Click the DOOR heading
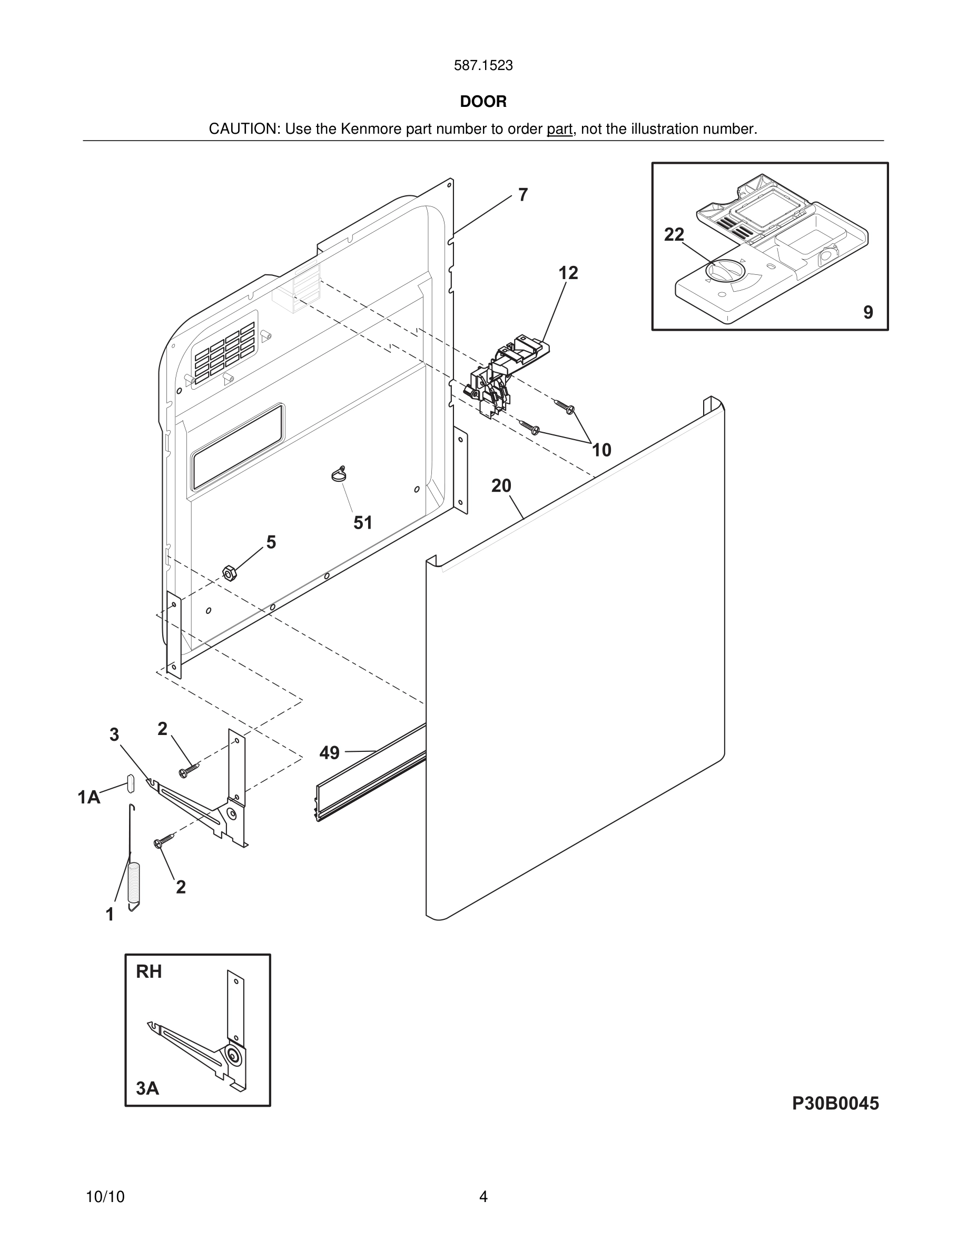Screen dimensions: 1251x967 tap(483, 102)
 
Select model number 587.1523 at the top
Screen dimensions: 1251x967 tap(483, 65)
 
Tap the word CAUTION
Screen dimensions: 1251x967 tap(243, 129)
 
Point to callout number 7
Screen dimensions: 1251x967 tap(522, 195)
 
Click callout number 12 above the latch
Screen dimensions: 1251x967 tap(568, 273)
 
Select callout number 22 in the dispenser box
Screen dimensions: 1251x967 tap(674, 234)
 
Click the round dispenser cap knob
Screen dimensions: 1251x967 tap(725, 271)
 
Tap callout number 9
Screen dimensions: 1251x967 tap(868, 312)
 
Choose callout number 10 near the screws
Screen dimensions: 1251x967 tap(601, 450)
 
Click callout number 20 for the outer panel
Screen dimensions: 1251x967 tap(501, 486)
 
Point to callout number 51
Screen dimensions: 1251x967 tap(362, 522)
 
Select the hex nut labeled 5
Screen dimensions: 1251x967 tap(229, 572)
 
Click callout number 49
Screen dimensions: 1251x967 tap(329, 753)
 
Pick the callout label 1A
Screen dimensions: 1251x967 tap(89, 797)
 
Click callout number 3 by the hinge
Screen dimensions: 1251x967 tap(114, 734)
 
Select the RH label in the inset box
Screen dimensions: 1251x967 tap(149, 971)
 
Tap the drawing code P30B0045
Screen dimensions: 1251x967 tap(835, 1103)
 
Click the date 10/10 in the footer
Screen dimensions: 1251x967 tap(105, 1197)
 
